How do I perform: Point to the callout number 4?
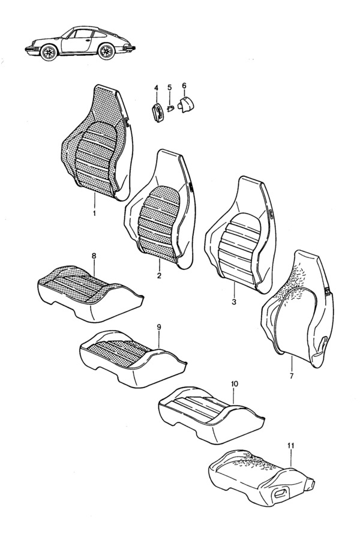pos(156,88)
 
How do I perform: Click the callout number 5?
pos(169,88)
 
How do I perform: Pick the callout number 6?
pos(184,85)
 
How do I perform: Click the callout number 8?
pos(93,256)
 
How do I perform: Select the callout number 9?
pos(158,327)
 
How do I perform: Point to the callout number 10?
pos(234,383)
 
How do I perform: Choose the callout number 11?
pos(291,446)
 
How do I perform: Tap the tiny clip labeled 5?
pos(170,109)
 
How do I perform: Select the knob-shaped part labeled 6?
pos(187,106)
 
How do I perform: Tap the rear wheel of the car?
pos(107,53)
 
